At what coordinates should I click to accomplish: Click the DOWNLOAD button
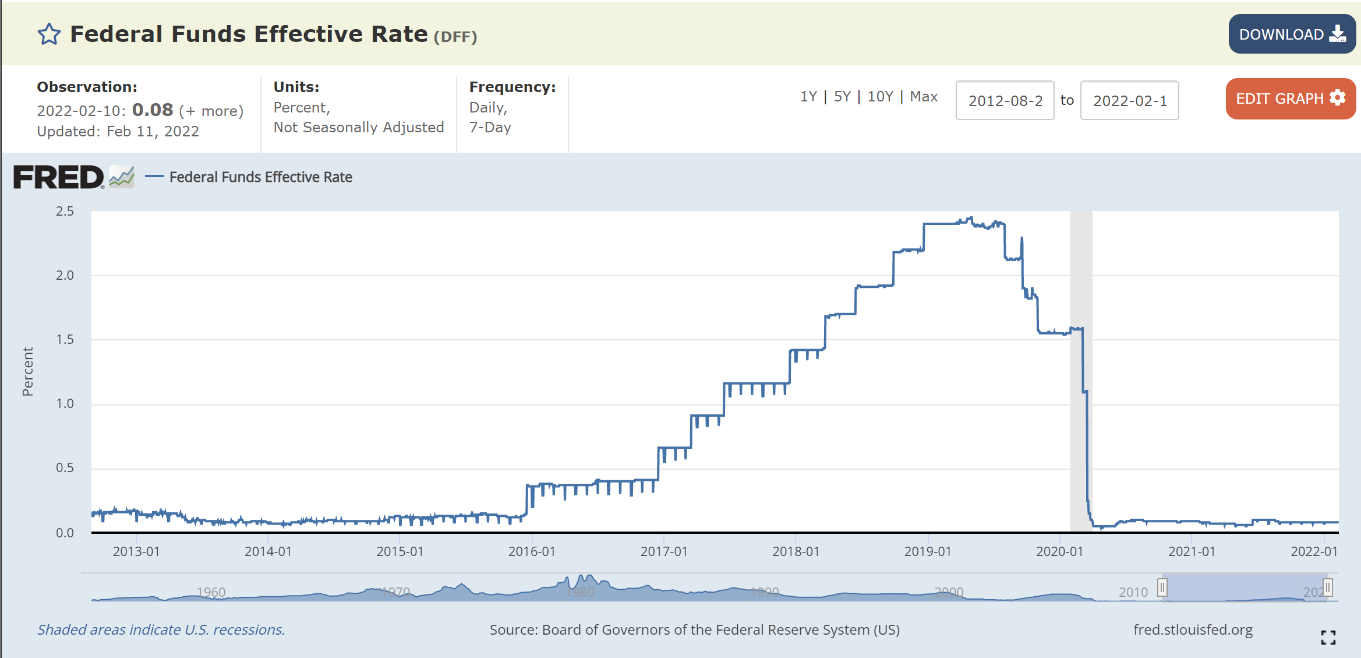(1292, 34)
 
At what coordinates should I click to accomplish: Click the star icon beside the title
(49, 34)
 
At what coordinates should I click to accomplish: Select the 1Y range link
(808, 96)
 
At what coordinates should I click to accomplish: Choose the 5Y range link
(842, 96)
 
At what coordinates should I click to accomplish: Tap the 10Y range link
(880, 96)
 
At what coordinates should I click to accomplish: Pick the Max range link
(924, 96)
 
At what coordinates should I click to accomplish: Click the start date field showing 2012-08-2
(1005, 100)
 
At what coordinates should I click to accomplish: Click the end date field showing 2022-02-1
(1129, 100)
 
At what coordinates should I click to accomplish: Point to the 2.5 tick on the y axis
(65, 211)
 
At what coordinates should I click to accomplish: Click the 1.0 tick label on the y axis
(65, 403)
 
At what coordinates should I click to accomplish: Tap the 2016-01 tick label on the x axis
(532, 551)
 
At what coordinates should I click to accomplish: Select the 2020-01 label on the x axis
(1059, 551)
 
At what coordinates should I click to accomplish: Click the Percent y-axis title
(27, 372)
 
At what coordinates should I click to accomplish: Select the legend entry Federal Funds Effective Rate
(260, 177)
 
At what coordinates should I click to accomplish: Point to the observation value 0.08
(153, 110)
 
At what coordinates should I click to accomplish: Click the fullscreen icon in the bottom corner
(1328, 638)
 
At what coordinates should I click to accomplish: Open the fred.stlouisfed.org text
(1193, 629)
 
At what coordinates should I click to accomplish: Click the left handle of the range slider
(1162, 587)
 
